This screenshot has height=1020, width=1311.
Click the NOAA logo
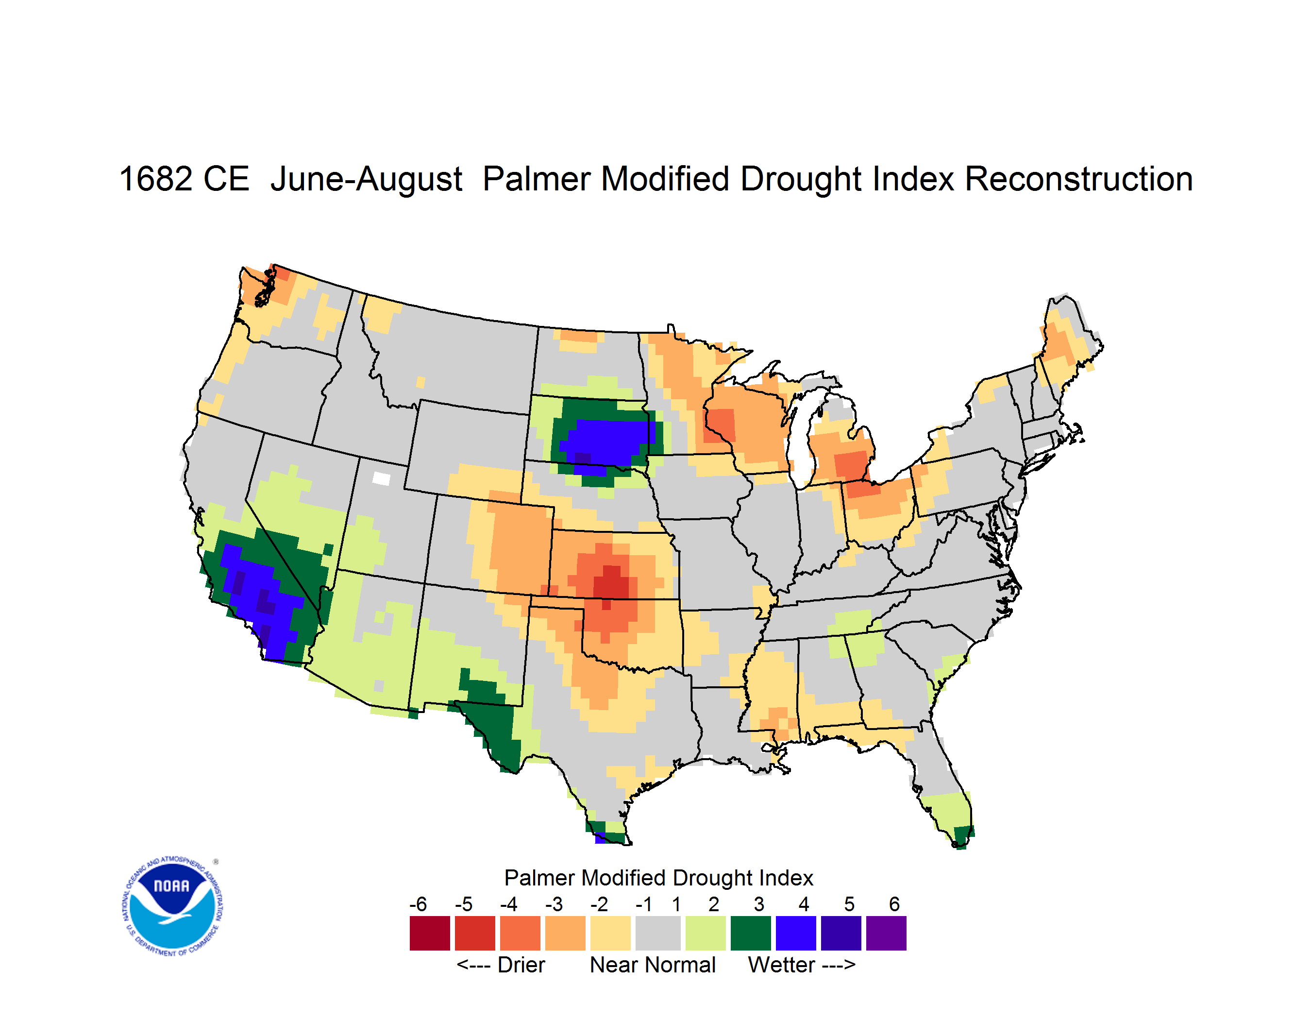click(172, 906)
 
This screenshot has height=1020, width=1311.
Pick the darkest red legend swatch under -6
click(430, 933)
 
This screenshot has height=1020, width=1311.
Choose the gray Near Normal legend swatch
click(658, 933)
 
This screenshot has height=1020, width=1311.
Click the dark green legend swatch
click(750, 933)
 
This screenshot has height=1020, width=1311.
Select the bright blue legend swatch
click(796, 933)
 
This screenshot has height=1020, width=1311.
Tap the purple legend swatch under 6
click(886, 933)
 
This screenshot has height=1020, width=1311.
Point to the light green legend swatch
click(706, 933)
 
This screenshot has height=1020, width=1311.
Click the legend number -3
click(554, 904)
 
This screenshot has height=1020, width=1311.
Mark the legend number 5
click(849, 904)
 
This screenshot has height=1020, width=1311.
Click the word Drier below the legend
click(521, 965)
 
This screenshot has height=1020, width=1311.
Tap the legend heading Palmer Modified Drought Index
click(658, 878)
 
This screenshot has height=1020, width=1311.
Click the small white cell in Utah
click(381, 478)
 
